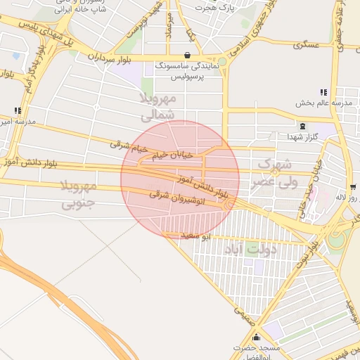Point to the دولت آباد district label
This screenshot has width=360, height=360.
(x=250, y=249)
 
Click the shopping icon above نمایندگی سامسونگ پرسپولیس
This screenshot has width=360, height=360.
(x=187, y=54)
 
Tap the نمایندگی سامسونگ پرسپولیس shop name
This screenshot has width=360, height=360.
(x=187, y=68)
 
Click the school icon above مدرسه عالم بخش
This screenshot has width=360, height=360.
(x=323, y=92)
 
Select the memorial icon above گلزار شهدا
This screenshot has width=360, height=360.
(x=302, y=126)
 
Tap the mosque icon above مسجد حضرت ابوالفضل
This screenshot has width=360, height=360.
(x=256, y=337)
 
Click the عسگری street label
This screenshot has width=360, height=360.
(x=307, y=44)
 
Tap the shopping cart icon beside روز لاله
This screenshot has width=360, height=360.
(x=352, y=187)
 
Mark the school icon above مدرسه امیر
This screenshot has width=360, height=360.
(x=18, y=110)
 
